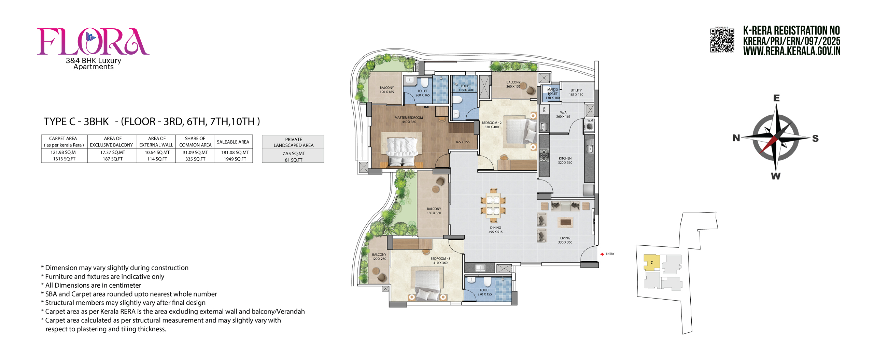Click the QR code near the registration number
722,40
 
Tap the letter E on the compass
776,98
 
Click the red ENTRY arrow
602,254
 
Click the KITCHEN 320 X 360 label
565,160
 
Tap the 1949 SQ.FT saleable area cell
235,159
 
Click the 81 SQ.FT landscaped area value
293,160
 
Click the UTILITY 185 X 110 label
576,92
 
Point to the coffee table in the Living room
565,222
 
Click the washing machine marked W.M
590,127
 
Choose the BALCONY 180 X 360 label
434,211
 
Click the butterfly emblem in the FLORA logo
90,36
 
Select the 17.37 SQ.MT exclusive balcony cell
113,153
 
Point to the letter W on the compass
775,176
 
